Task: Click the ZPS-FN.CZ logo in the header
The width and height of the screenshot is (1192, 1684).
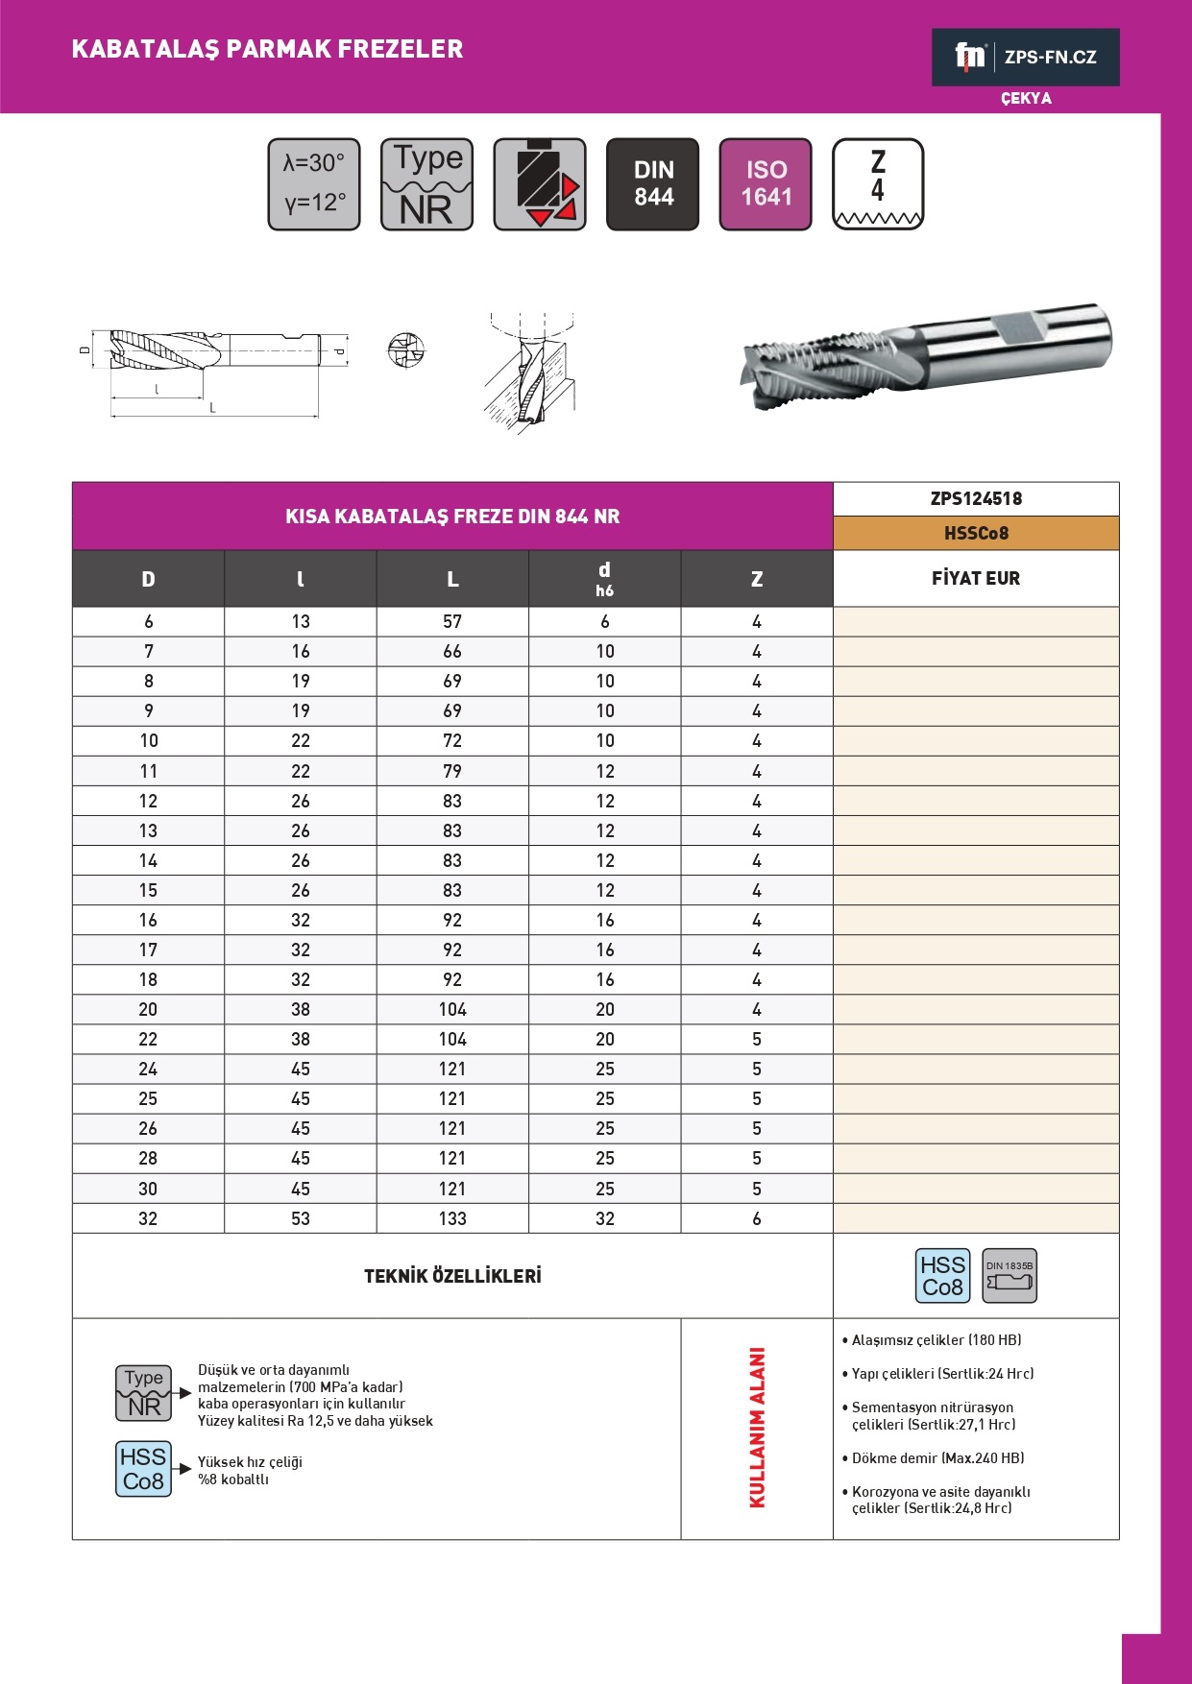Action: coord(1025,57)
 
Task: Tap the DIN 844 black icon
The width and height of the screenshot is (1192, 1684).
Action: coord(653,184)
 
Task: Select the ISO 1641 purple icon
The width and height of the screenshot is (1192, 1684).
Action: coord(766,184)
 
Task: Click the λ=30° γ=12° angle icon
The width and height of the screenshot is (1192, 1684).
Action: coord(314,184)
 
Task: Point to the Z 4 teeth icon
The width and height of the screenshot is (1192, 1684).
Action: coord(878,184)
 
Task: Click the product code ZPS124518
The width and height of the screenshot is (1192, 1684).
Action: coord(976,498)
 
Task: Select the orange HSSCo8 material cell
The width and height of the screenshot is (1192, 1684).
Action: coord(976,533)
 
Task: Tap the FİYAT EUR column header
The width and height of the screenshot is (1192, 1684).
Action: coord(976,578)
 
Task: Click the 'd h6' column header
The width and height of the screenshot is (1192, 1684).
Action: coord(604,578)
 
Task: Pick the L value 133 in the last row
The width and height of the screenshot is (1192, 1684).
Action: coord(452,1218)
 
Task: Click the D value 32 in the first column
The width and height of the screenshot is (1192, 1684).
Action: coord(148,1218)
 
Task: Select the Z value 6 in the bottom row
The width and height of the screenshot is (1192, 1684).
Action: coord(757,1218)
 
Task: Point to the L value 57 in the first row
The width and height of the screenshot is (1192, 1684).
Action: coord(452,621)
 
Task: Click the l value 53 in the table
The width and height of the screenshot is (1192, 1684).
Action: coord(301,1218)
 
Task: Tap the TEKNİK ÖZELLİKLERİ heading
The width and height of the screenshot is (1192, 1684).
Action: coord(452,1276)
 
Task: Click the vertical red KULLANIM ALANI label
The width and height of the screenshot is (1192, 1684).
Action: coord(757,1428)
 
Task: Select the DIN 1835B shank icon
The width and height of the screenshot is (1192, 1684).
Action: coord(1010,1276)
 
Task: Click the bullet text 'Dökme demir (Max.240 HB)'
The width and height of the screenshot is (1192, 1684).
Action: coord(937,1457)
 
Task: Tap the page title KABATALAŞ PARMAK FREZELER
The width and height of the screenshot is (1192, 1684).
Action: coord(267,49)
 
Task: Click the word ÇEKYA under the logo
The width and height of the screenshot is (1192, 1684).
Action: coord(1026,98)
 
